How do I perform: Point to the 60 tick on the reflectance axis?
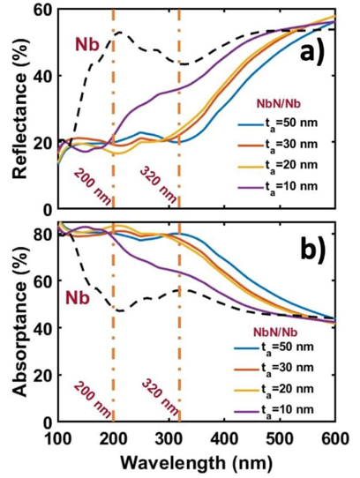point(41,11)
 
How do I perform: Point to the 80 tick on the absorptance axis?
point(41,235)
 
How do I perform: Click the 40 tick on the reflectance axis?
point(41,77)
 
